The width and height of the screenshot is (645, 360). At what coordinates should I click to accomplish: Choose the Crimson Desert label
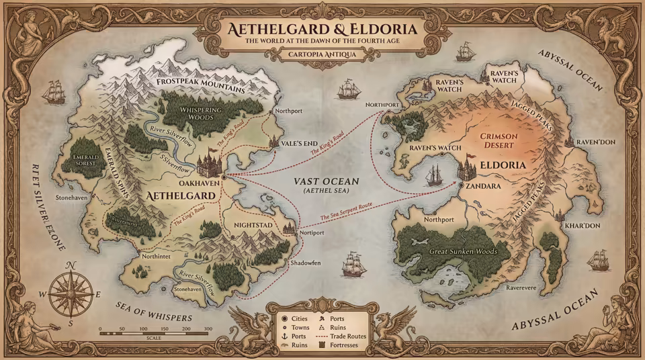point(498,141)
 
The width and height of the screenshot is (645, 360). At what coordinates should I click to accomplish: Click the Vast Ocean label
point(327,182)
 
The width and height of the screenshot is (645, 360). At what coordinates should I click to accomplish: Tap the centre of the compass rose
point(71,293)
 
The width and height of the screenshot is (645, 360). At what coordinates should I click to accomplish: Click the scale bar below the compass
point(155,332)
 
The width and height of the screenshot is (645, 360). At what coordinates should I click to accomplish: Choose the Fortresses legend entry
point(342,345)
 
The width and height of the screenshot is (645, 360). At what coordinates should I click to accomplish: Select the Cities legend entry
point(296,318)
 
